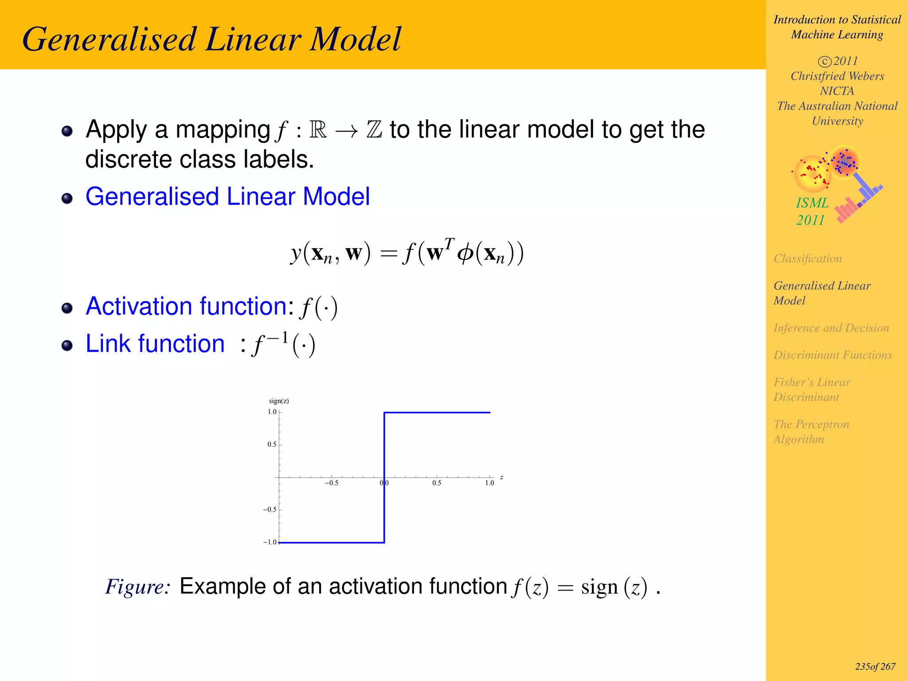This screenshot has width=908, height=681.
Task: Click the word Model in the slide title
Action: point(355,39)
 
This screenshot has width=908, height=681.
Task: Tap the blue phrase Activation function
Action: point(186,306)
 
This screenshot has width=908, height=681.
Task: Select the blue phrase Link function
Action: point(155,344)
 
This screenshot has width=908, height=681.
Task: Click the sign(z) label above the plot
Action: point(278,401)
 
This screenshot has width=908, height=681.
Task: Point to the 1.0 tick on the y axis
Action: point(272,412)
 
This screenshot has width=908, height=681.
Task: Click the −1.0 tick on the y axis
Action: point(270,542)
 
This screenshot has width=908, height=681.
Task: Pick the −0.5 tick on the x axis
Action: point(331,483)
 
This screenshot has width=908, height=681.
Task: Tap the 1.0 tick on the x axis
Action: point(489,483)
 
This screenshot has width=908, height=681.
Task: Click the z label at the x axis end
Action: point(501,477)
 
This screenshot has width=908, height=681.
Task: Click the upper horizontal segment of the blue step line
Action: point(437,412)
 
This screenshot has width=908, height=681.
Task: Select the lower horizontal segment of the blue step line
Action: point(331,542)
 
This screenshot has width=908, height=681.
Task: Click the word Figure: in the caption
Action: point(138,587)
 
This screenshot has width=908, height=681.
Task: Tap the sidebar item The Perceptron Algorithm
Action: point(811,431)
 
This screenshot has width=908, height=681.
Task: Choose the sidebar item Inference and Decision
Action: point(831,328)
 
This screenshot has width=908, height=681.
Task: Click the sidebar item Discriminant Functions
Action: point(832,355)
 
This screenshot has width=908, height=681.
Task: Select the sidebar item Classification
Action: point(807,258)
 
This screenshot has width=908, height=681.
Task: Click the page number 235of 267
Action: point(875,666)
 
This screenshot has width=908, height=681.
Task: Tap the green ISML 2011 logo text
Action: point(811,211)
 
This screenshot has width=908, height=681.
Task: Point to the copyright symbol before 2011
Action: point(824,61)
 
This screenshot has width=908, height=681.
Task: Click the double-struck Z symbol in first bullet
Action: point(374,129)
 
